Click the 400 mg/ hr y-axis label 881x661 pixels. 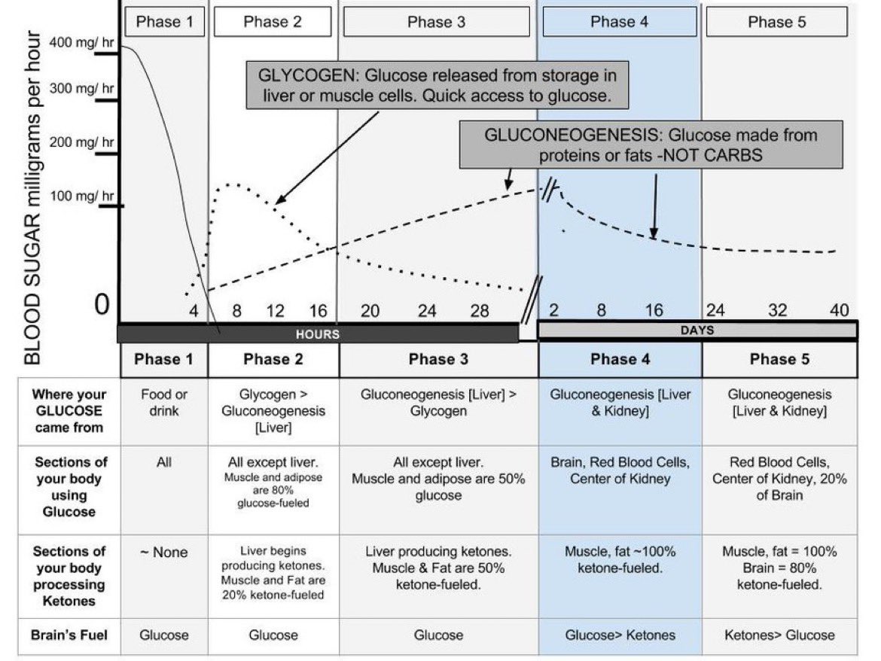tap(81, 42)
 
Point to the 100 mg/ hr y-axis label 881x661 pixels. tap(81, 196)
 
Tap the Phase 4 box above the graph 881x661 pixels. tap(619, 22)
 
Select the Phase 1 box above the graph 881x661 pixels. tap(164, 22)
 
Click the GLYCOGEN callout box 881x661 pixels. tap(437, 85)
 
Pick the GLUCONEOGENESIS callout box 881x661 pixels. tap(651, 145)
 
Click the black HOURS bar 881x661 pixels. tap(318, 334)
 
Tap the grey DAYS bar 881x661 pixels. tap(697, 330)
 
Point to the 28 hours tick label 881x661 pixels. tap(479, 311)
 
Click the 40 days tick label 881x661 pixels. tap(839, 310)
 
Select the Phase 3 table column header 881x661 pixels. tap(438, 359)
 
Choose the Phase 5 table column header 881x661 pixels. tap(780, 359)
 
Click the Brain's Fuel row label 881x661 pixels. tap(69, 635)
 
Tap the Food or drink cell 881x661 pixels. tap(164, 403)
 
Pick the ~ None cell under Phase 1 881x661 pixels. tap(164, 553)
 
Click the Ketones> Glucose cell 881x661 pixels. tap(779, 635)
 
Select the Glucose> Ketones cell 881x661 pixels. tap(620, 635)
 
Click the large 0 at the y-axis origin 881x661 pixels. tap(102, 304)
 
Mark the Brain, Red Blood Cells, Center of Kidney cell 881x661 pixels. tap(620, 471)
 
